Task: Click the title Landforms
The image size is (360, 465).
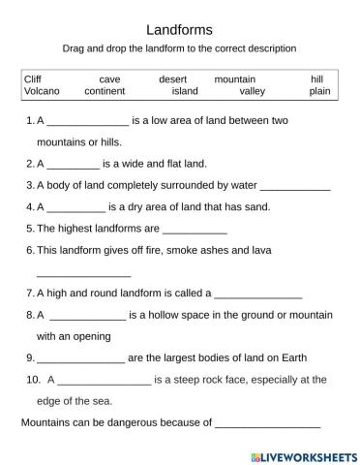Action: click(179, 30)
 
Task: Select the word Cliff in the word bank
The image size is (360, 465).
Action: click(32, 78)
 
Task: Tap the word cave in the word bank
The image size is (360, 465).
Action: click(109, 78)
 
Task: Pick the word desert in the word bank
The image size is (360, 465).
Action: click(175, 78)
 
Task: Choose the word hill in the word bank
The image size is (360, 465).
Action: click(316, 78)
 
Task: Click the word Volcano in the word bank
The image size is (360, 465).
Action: click(40, 91)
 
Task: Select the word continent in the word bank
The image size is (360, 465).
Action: click(105, 91)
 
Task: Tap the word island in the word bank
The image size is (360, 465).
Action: click(185, 91)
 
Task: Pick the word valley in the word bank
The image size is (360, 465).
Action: click(252, 91)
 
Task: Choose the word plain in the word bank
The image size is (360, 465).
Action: click(319, 91)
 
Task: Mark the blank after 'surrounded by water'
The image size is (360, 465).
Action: click(295, 188)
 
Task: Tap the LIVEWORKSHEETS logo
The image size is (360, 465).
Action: click(303, 455)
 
